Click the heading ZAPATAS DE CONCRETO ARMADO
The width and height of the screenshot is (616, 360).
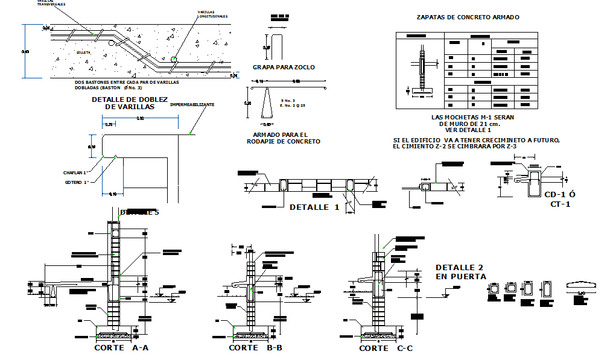[468, 17]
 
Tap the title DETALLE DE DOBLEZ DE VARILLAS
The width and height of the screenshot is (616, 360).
[129, 103]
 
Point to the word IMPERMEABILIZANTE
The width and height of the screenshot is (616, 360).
[192, 104]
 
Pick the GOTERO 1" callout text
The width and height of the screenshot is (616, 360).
[77, 182]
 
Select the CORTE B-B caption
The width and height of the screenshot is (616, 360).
[256, 348]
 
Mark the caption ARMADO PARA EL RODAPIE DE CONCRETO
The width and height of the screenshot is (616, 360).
[284, 138]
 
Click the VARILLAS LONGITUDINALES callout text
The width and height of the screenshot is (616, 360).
[212, 14]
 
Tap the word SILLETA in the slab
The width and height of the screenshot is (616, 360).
[83, 53]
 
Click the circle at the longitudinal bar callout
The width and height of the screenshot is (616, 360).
[174, 59]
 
